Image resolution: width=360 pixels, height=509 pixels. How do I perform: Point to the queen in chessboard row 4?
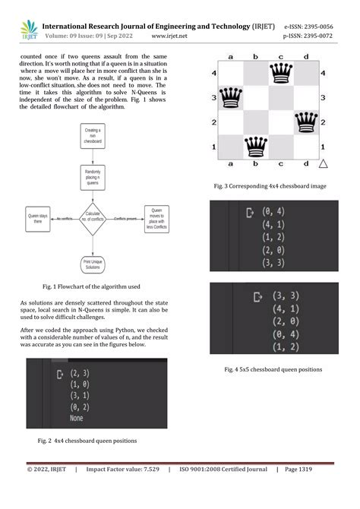(282, 73)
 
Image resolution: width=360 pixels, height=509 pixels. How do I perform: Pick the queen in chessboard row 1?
(256, 145)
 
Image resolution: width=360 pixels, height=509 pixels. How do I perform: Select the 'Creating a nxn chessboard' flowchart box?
(93, 136)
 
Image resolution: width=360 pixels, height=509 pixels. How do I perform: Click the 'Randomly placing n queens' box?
(93, 178)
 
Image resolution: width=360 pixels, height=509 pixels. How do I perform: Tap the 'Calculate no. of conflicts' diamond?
(93, 218)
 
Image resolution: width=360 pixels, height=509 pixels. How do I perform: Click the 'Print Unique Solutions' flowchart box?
(93, 265)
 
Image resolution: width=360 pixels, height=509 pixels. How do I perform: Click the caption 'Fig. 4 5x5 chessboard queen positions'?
(273, 369)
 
